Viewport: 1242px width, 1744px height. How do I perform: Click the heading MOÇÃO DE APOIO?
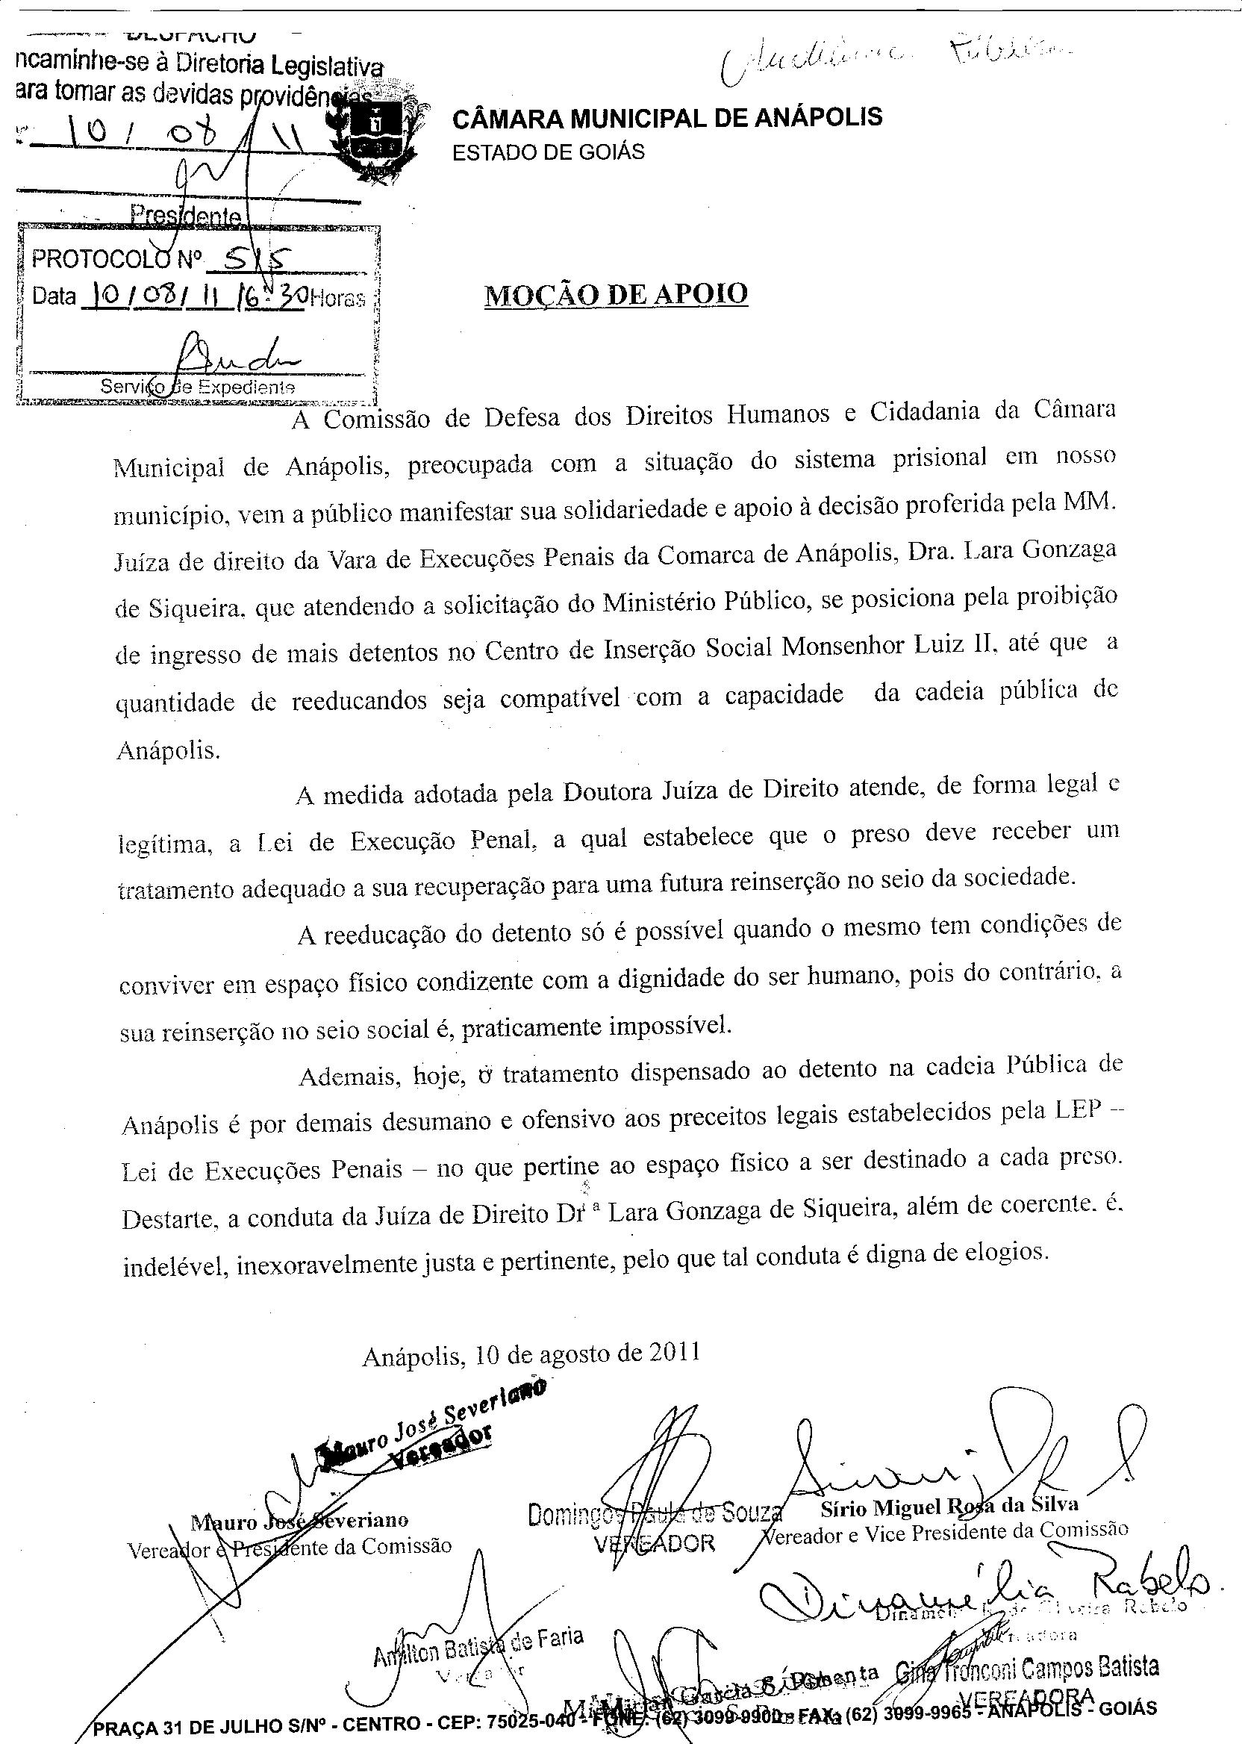pyautogui.click(x=617, y=293)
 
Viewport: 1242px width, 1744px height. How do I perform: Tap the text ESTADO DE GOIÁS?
pyautogui.click(x=549, y=152)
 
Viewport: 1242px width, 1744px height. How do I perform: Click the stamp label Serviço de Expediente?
pyautogui.click(x=197, y=387)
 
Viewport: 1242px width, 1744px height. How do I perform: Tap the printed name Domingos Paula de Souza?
pyautogui.click(x=655, y=1513)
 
